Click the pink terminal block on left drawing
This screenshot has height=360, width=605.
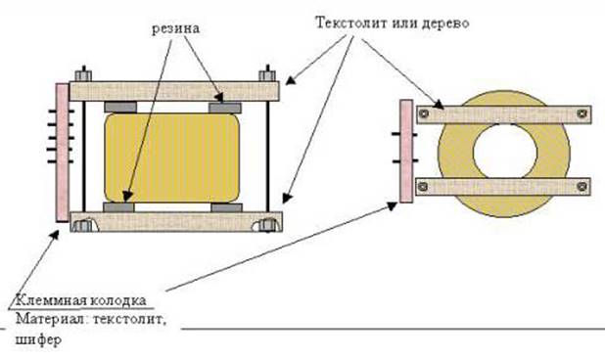point(62,151)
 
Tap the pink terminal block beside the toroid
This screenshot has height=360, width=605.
point(405,153)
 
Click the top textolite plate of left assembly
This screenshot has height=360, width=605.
point(177,91)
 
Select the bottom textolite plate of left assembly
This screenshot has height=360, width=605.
point(177,221)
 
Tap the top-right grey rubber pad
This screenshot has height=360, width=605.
point(225,105)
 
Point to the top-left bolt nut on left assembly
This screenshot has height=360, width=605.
point(85,73)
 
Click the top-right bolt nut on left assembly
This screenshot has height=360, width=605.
point(264,73)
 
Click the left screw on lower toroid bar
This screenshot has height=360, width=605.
point(423,186)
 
